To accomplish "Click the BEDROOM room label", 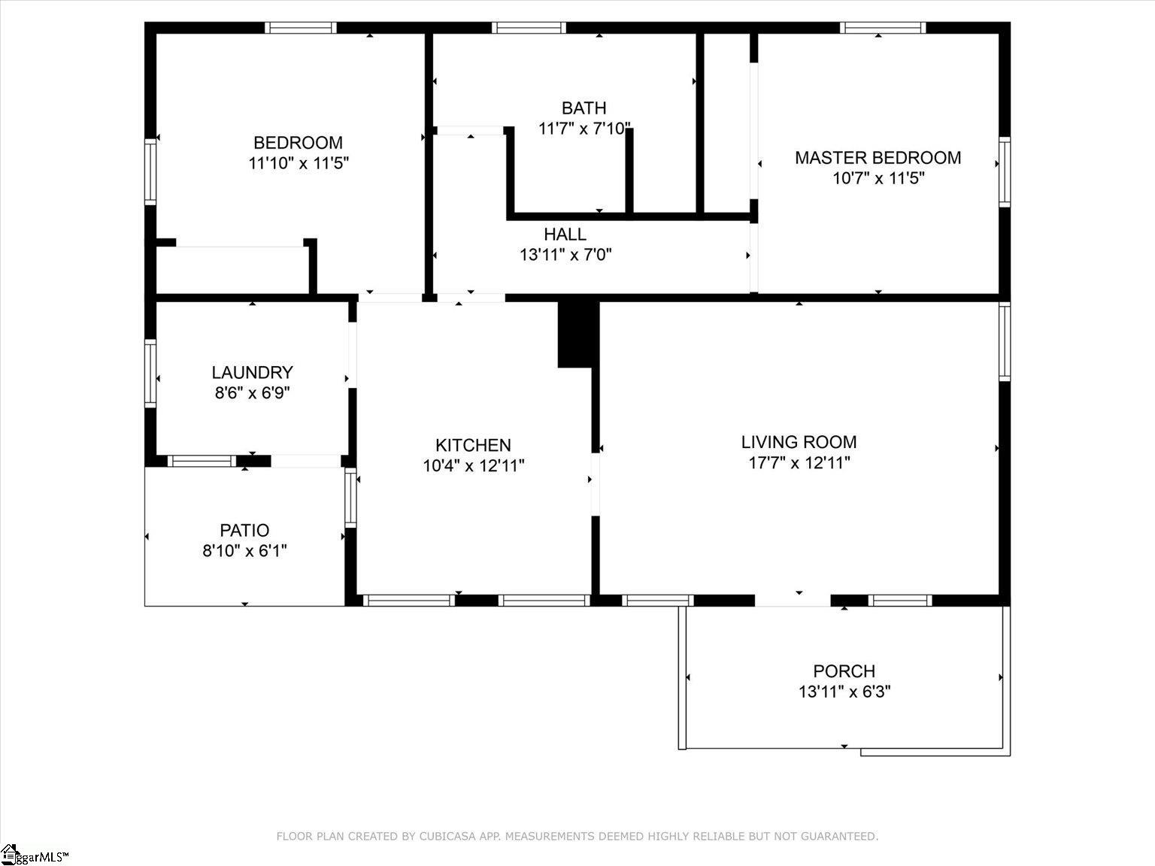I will tap(298, 143).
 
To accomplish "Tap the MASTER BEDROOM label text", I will tap(878, 158).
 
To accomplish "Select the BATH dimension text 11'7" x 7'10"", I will tap(584, 129).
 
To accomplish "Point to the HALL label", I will tap(565, 235).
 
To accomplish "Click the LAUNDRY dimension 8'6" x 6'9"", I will tap(252, 392).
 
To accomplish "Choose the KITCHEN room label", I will tap(473, 445).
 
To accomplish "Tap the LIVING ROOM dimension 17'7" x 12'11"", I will tap(799, 463).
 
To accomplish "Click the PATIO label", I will tap(244, 531).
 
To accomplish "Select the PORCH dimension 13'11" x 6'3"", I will tap(844, 692).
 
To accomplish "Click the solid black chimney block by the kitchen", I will tap(577, 334).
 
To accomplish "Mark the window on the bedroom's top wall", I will tap(301, 28).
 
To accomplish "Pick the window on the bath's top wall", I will tap(529, 28).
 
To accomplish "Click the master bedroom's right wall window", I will tap(1004, 172).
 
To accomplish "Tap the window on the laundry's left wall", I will tap(150, 374).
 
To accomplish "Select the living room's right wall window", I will tap(1004, 342).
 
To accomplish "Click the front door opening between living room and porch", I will tap(793, 600).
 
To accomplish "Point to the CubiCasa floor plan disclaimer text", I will tap(577, 836).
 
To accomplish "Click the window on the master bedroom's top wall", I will tap(882, 28).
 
